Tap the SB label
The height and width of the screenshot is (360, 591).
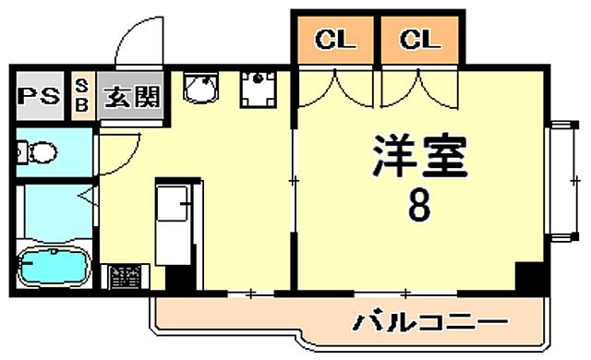(80, 96)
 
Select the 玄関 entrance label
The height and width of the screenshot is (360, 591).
(131, 96)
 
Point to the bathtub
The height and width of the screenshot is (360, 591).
(53, 268)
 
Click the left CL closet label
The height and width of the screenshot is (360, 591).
(335, 40)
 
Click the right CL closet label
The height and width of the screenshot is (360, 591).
(420, 40)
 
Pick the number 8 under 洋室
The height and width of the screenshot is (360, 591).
(418, 209)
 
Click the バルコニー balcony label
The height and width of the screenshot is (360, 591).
(430, 323)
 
